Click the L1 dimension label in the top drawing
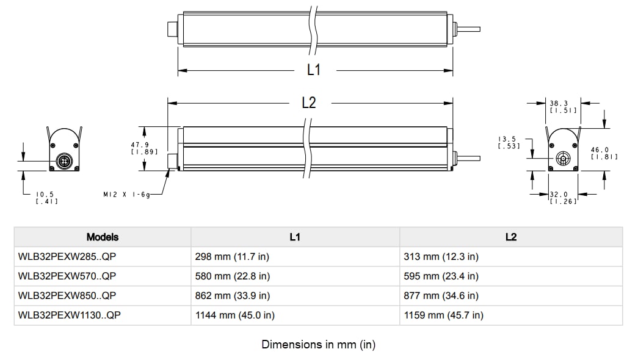[x=313, y=70]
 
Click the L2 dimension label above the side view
[x=310, y=103]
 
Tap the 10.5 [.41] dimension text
[x=47, y=198]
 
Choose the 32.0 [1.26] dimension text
[x=562, y=198]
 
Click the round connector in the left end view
[x=65, y=161]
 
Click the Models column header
[x=103, y=237]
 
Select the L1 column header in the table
[x=295, y=237]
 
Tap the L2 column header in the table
[x=511, y=237]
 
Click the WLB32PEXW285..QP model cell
[x=67, y=257]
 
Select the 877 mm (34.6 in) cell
[x=441, y=296]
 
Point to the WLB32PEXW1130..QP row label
[x=73, y=315]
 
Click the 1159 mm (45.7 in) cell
[x=443, y=315]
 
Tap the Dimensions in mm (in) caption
[x=319, y=345]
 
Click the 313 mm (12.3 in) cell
[x=441, y=257]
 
